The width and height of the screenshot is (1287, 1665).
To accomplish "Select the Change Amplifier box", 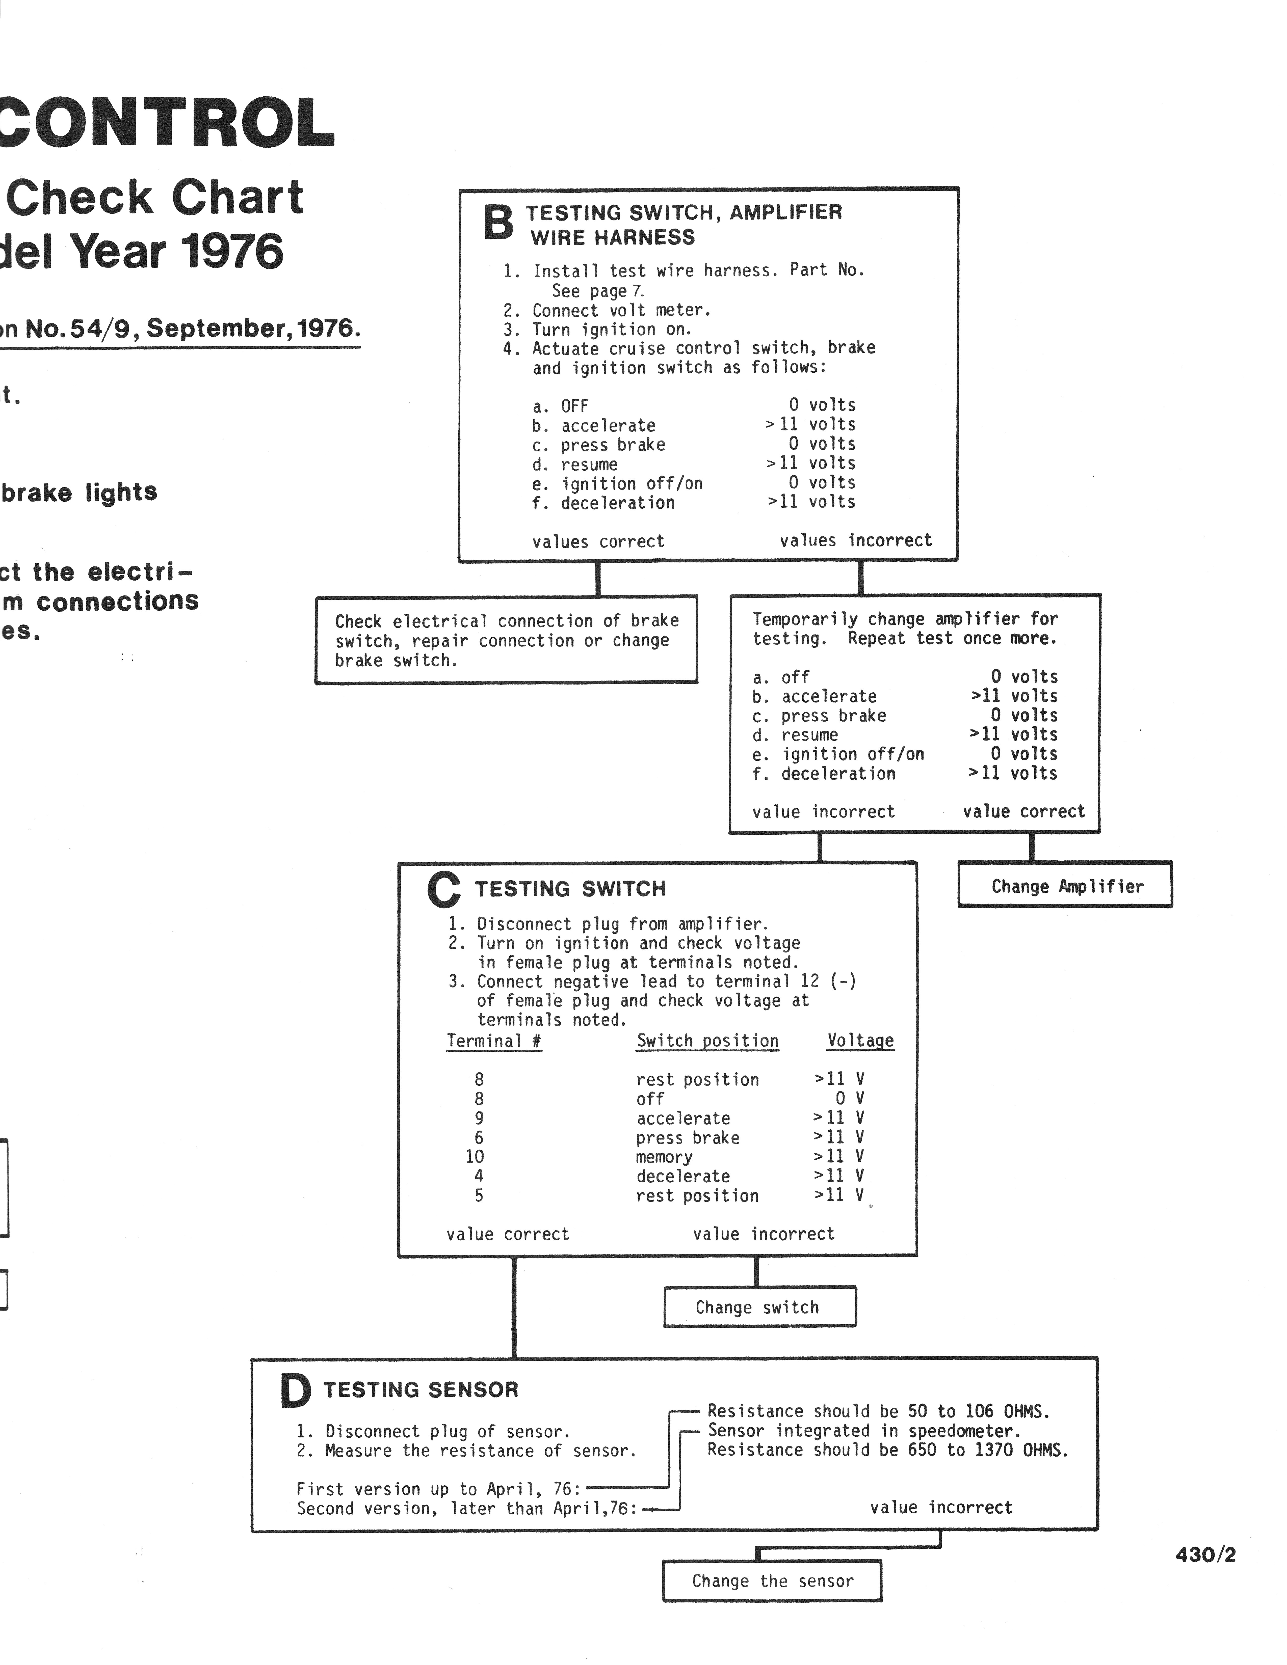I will click(1065, 885).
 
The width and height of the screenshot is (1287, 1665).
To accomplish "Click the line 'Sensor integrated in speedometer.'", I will click(864, 1431).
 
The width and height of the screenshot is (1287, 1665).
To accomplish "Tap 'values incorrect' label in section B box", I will click(855, 540).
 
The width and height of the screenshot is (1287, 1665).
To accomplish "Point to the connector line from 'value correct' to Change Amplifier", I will click(1032, 847).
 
